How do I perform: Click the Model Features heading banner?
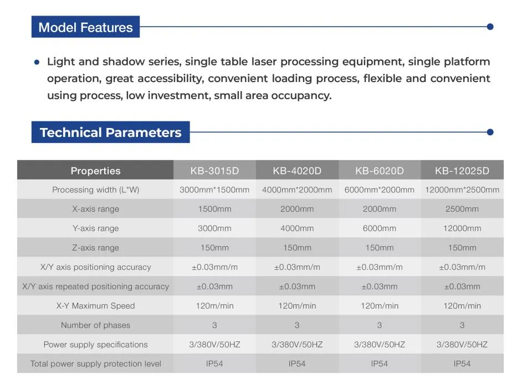85,27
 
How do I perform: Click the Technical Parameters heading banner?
110,132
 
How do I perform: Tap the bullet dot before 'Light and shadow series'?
37,62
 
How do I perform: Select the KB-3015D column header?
214,171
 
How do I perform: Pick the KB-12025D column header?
462,171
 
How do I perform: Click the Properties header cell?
95,171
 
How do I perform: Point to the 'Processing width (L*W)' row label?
95,190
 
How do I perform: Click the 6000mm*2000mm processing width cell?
379,190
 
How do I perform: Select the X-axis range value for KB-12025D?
462,209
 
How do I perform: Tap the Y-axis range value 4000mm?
297,228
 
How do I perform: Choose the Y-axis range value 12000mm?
462,228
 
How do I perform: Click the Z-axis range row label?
95,248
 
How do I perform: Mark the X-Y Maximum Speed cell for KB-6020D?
379,305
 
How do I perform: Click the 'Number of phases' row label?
95,325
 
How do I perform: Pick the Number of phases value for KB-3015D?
214,325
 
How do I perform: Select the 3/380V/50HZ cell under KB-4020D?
297,344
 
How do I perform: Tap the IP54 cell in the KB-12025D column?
462,364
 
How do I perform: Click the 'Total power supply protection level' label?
95,364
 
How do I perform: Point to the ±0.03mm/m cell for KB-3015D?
214,267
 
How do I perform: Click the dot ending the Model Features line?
490,27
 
